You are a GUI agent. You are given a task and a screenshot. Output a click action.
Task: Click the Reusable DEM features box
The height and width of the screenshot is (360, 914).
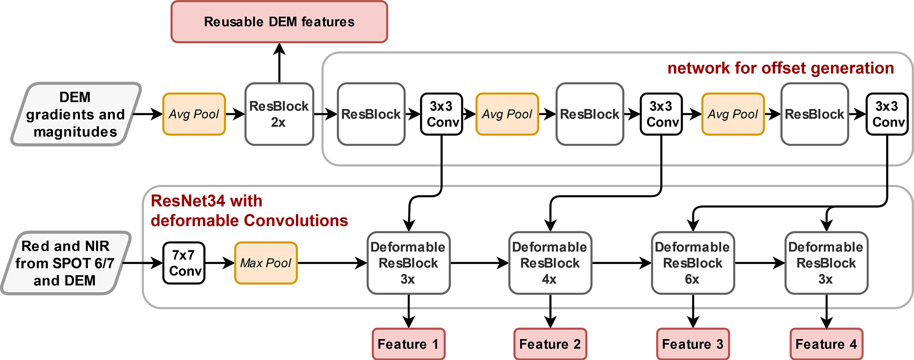click(279, 22)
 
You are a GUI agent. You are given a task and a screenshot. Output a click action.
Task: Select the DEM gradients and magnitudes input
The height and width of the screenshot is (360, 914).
click(76, 114)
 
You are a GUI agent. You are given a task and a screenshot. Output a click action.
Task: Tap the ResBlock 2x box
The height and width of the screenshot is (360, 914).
click(279, 114)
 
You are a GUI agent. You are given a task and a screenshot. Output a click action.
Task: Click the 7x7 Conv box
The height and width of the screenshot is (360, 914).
click(184, 263)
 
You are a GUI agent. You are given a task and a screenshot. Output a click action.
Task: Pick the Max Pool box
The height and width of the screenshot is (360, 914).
click(266, 263)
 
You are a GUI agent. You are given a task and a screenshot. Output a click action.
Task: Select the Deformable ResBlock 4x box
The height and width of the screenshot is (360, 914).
click(550, 263)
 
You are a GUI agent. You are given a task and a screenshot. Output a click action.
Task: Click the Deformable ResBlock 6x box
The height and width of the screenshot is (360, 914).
click(692, 263)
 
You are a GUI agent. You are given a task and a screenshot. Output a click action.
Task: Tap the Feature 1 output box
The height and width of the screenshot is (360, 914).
click(408, 344)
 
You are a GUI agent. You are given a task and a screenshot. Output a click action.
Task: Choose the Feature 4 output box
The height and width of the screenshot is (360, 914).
click(826, 344)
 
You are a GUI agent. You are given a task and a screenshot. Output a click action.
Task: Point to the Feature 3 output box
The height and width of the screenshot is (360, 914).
click(692, 344)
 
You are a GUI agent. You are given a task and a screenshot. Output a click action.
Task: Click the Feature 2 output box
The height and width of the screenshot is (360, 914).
click(550, 344)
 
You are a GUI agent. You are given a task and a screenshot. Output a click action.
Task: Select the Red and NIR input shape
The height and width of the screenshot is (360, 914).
click(65, 263)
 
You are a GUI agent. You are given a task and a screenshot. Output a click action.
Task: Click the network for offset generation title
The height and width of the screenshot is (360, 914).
click(780, 68)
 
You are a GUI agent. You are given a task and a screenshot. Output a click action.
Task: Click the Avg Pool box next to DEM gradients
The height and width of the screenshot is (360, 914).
click(194, 114)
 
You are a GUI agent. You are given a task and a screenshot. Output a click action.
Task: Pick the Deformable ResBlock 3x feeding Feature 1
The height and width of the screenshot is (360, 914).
click(408, 263)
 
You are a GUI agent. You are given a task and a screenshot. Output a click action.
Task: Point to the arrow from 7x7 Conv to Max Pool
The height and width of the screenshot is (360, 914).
click(219, 263)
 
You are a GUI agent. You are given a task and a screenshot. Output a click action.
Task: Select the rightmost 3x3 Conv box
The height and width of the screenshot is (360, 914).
click(887, 114)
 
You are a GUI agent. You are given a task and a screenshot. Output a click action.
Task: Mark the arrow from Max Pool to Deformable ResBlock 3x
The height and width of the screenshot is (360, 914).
click(332, 263)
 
